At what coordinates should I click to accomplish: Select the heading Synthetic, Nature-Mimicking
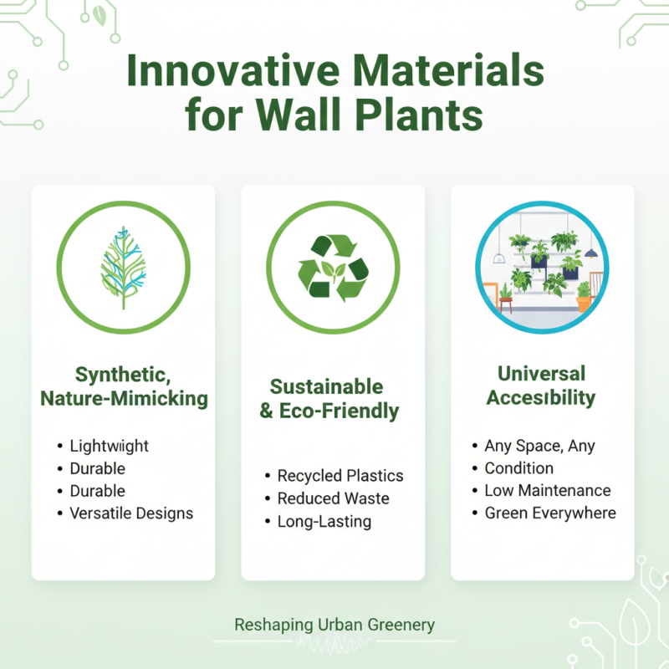[123, 386]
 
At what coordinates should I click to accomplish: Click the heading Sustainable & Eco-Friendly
[333, 399]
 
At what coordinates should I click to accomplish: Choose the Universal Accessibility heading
[542, 385]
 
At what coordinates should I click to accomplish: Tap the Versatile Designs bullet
[131, 513]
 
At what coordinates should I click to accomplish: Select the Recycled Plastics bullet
[340, 476]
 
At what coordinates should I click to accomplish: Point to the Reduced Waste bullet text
[333, 498]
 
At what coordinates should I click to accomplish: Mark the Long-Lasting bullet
[324, 521]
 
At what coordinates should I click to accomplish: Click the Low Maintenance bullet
[548, 490]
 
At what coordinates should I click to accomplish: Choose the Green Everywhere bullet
[550, 513]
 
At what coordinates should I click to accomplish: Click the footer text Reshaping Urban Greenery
[334, 625]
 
